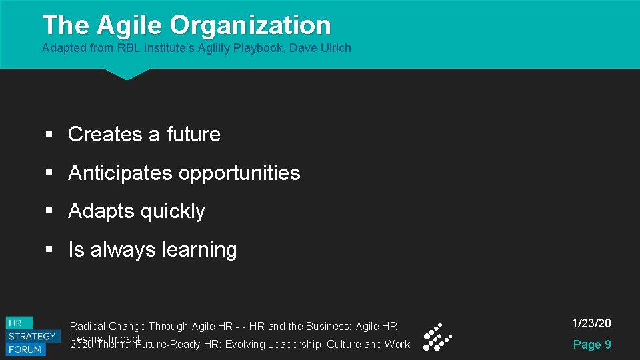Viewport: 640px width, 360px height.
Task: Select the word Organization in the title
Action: pos(250,25)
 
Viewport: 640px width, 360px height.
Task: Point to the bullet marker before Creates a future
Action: pos(49,135)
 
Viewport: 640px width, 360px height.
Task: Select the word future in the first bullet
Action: pos(193,134)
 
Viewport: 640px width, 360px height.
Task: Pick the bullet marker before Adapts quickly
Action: pos(49,211)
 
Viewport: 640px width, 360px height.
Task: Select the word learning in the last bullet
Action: pos(199,250)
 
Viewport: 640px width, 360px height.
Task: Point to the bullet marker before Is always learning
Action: pos(49,250)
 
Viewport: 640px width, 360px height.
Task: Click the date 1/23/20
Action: pos(591,323)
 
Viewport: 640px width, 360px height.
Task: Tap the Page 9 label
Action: pos(592,344)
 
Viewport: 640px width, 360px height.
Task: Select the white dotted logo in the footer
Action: pos(437,337)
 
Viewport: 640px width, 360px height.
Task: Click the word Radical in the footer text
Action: pos(88,326)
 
